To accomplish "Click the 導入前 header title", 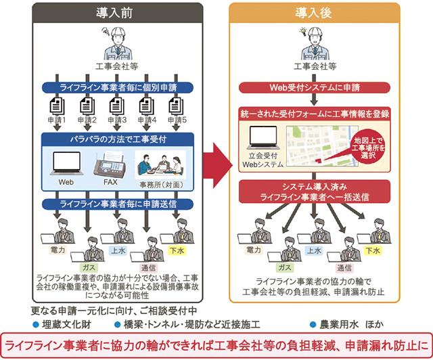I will (x=116, y=13).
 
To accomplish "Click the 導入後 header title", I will (x=313, y=13).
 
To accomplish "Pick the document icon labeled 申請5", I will (x=176, y=107).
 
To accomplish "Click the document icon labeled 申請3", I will (x=116, y=107).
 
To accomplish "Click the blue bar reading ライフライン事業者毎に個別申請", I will (x=116, y=87).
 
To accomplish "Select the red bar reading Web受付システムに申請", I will (x=313, y=87).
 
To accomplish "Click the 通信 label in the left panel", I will (x=146, y=268).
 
